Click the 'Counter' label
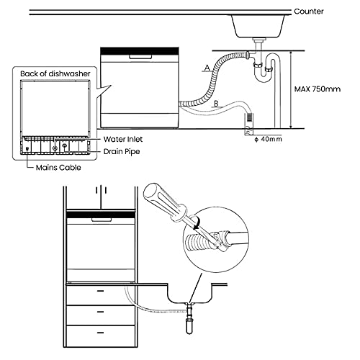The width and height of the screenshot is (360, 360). pos(309,12)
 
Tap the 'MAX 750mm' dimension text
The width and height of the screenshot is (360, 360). pos(318,89)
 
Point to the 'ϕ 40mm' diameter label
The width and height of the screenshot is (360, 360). pos(269,139)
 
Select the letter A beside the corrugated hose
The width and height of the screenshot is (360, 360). pos(207,68)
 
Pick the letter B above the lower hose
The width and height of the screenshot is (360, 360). pos(216,104)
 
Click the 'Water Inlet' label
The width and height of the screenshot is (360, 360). pos(123,139)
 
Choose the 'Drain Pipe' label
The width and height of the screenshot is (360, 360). pos(122,152)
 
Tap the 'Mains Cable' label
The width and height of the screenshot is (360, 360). pos(58,168)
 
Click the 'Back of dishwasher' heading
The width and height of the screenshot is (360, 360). pos(55,73)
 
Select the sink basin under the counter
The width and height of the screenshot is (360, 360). pos(258,26)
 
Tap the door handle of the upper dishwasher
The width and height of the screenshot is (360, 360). pos(140,57)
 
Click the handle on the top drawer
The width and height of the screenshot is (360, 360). pos(100,291)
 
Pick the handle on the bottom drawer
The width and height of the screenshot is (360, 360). pos(100,333)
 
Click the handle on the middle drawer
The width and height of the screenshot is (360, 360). pos(100,312)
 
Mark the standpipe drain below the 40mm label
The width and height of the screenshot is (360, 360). pos(248,125)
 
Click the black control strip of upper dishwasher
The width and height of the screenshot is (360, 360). pos(140,50)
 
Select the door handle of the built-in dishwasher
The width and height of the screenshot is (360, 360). pos(102,220)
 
